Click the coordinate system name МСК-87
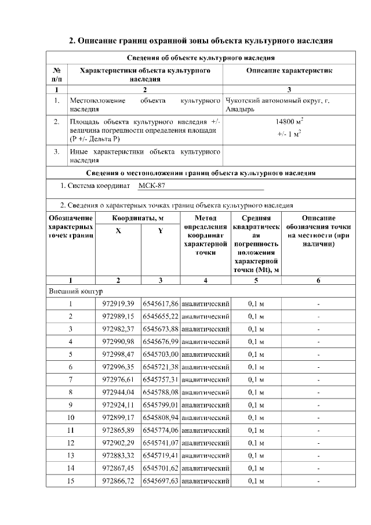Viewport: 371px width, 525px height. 152,186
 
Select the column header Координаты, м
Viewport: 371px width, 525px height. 138,218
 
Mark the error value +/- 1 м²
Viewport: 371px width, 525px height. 289,134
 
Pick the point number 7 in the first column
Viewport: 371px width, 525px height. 70,379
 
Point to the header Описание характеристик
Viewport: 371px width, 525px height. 289,71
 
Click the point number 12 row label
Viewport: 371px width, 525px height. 70,443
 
